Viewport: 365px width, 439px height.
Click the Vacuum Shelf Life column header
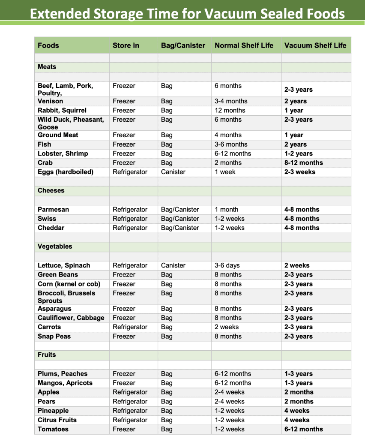tap(315, 45)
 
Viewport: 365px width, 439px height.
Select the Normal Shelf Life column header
tap(244, 45)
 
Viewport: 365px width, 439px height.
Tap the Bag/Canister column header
tap(183, 45)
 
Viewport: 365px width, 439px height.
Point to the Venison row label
tap(50, 101)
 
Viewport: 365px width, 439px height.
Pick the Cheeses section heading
tap(51, 190)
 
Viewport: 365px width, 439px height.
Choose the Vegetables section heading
tap(55, 247)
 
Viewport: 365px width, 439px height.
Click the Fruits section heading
tap(47, 355)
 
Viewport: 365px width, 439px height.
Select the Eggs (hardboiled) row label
tap(65, 172)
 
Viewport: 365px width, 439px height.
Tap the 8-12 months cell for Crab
tap(303, 163)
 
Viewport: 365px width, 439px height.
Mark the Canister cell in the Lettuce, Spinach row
tap(173, 265)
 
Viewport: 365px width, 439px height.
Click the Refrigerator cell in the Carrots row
tap(130, 327)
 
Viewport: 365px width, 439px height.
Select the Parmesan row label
tap(53, 210)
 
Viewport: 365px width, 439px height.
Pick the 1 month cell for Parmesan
tap(226, 210)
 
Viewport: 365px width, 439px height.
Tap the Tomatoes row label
tap(53, 429)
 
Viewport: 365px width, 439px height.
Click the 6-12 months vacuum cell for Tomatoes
tap(303, 429)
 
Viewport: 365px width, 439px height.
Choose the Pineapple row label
tap(53, 411)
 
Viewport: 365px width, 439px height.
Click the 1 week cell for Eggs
tap(225, 172)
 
